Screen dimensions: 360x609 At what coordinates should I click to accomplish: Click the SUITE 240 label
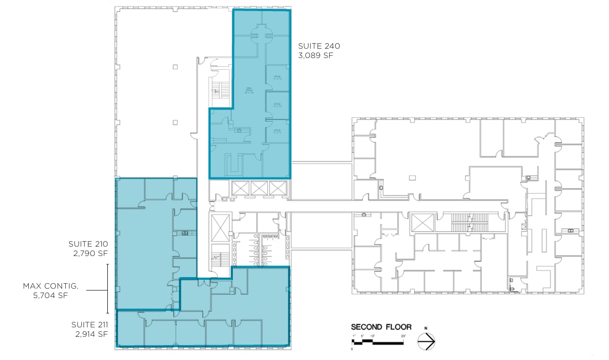click(319, 46)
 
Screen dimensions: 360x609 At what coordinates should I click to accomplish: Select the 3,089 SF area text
click(316, 56)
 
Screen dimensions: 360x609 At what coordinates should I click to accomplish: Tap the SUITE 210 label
click(88, 244)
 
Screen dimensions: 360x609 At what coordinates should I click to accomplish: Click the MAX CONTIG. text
click(51, 286)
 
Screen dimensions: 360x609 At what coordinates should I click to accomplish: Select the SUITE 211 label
click(88, 325)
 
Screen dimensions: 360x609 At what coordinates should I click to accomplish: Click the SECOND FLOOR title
click(381, 327)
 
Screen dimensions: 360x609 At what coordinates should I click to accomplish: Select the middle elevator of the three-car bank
click(258, 188)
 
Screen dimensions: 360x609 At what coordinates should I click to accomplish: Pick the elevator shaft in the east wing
click(424, 223)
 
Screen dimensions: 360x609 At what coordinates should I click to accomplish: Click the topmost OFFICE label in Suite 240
click(277, 78)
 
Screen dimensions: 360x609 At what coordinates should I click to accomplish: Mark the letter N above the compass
click(426, 329)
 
